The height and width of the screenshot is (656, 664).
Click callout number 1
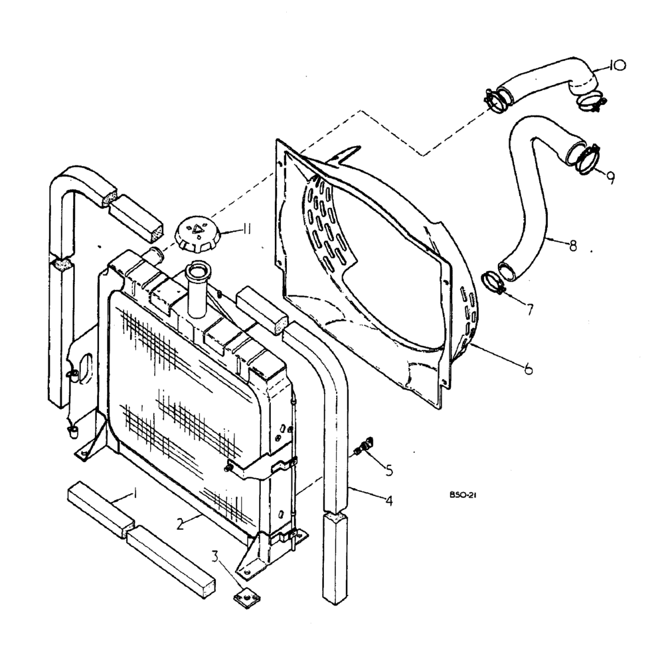click(x=135, y=494)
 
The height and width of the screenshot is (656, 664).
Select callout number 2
click(x=179, y=524)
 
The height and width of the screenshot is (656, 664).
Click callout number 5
click(x=389, y=470)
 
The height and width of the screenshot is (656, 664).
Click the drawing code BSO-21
click(x=459, y=495)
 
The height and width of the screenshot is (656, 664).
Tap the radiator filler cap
click(x=194, y=236)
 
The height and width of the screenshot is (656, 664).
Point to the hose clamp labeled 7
click(x=493, y=283)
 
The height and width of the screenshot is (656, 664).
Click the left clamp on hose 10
click(x=495, y=99)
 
